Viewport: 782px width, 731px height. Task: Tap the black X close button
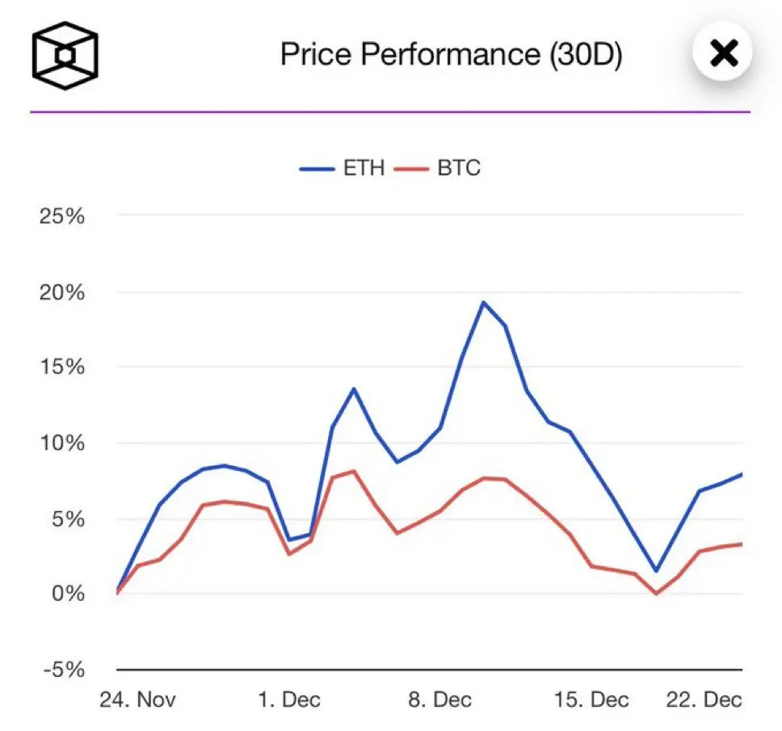(x=722, y=54)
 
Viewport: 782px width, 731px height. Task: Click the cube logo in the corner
(x=65, y=55)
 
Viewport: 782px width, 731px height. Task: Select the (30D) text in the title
(x=585, y=54)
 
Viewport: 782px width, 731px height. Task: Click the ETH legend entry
(x=343, y=169)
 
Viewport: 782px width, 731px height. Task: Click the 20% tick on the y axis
(x=62, y=292)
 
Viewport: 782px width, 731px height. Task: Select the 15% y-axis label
(x=62, y=368)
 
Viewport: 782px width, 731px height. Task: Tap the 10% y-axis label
(x=62, y=443)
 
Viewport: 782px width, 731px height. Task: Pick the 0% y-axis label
(x=69, y=594)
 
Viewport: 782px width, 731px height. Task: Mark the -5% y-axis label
(x=65, y=670)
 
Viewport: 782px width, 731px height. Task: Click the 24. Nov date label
(x=137, y=699)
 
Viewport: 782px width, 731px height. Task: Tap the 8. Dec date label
(x=439, y=699)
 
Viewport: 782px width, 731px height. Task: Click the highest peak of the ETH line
(x=483, y=303)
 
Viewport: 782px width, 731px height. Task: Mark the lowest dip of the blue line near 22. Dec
(x=656, y=571)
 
